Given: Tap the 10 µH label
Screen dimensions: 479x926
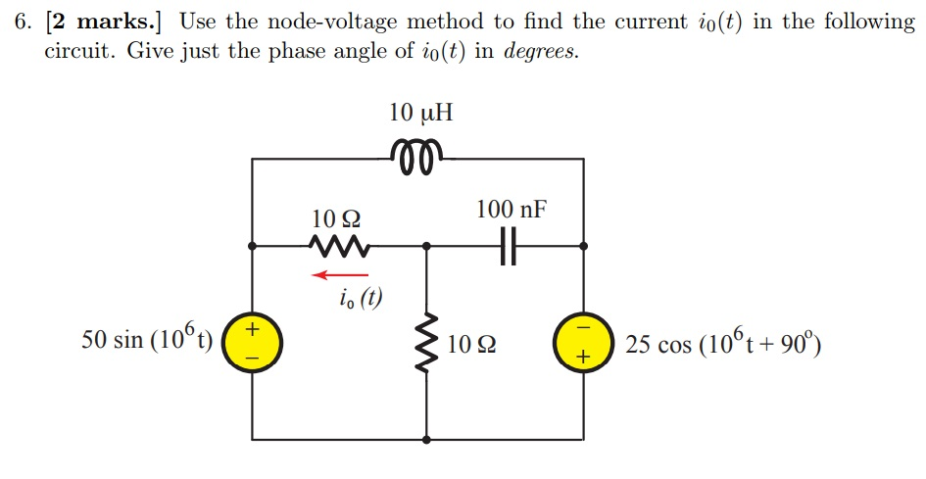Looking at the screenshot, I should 420,113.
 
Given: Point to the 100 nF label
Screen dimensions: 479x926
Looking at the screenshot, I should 511,209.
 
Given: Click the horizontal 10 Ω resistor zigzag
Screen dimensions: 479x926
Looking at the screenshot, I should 335,244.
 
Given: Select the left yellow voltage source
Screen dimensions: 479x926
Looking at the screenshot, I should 254,344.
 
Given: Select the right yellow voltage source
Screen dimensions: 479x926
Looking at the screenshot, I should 584,344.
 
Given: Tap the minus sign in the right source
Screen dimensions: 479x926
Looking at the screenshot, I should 584,328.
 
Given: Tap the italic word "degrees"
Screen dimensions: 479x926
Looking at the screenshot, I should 540,51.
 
